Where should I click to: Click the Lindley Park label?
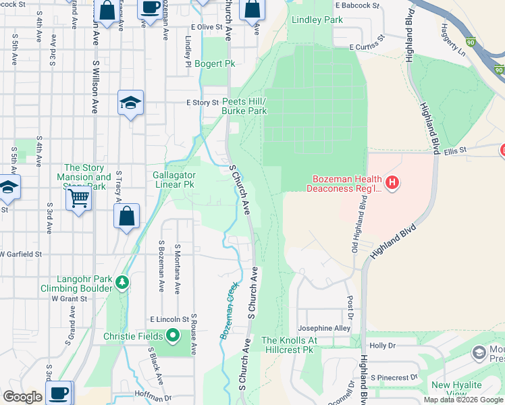[x=317, y=20]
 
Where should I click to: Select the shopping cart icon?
[x=79, y=199]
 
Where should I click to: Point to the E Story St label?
[x=203, y=103]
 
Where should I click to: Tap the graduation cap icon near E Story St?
[x=130, y=103]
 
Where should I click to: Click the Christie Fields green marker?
[x=173, y=335]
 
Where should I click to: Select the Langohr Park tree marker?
[x=122, y=281]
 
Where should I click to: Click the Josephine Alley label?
[x=325, y=329]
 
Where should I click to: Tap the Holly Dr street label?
[x=382, y=345]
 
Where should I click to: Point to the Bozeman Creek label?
[x=230, y=311]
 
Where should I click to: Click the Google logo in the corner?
[x=22, y=397]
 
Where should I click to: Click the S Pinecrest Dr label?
[x=394, y=377]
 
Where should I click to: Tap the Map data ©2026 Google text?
[x=462, y=400]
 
